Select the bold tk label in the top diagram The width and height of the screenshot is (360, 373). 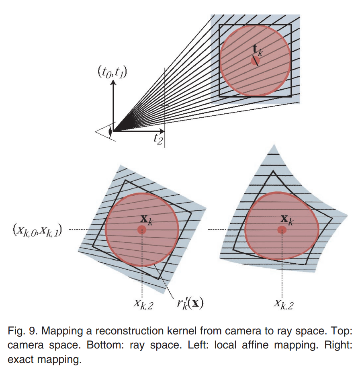coord(258,51)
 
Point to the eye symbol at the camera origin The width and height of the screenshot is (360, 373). coord(110,131)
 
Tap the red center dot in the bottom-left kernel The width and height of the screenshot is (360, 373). coord(142,230)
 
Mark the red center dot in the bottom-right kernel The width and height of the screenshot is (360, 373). coord(282,230)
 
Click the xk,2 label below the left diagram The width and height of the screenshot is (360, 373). coord(142,304)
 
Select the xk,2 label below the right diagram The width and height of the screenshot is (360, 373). coord(283,304)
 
